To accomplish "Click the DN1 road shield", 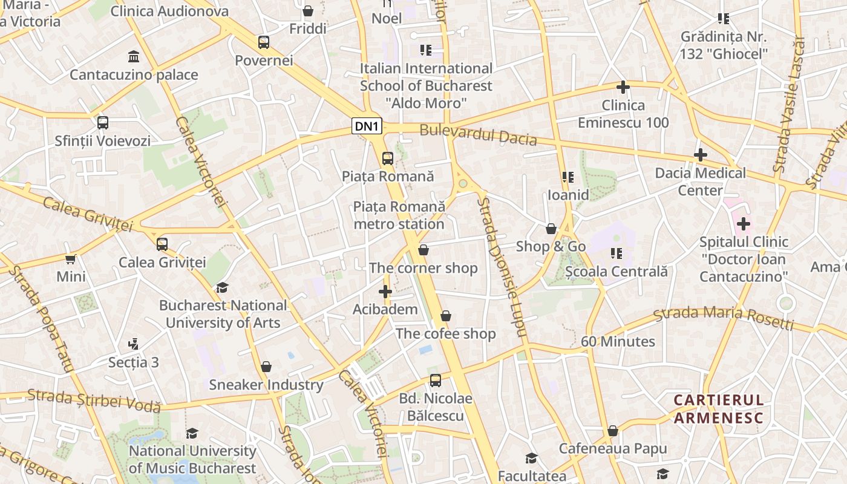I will [367, 126].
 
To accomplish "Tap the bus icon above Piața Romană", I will [388, 159].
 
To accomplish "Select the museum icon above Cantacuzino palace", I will [134, 57].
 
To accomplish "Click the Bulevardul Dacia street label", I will [478, 134].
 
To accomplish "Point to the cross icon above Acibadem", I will [385, 292].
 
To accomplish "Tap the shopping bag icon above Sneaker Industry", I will [266, 367].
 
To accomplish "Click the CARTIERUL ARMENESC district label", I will [719, 409].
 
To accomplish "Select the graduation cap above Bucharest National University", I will [223, 287].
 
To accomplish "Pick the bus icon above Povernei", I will [264, 42].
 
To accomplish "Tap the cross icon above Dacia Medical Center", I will [701, 155].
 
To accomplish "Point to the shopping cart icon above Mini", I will [71, 259].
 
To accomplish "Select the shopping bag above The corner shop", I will [423, 250].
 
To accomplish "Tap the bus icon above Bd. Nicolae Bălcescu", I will [436, 381].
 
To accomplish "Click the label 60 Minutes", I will [618, 341].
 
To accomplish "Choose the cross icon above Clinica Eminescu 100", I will [623, 87].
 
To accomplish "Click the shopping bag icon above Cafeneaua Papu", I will [613, 431].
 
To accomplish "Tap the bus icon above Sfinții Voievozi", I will [103, 123].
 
